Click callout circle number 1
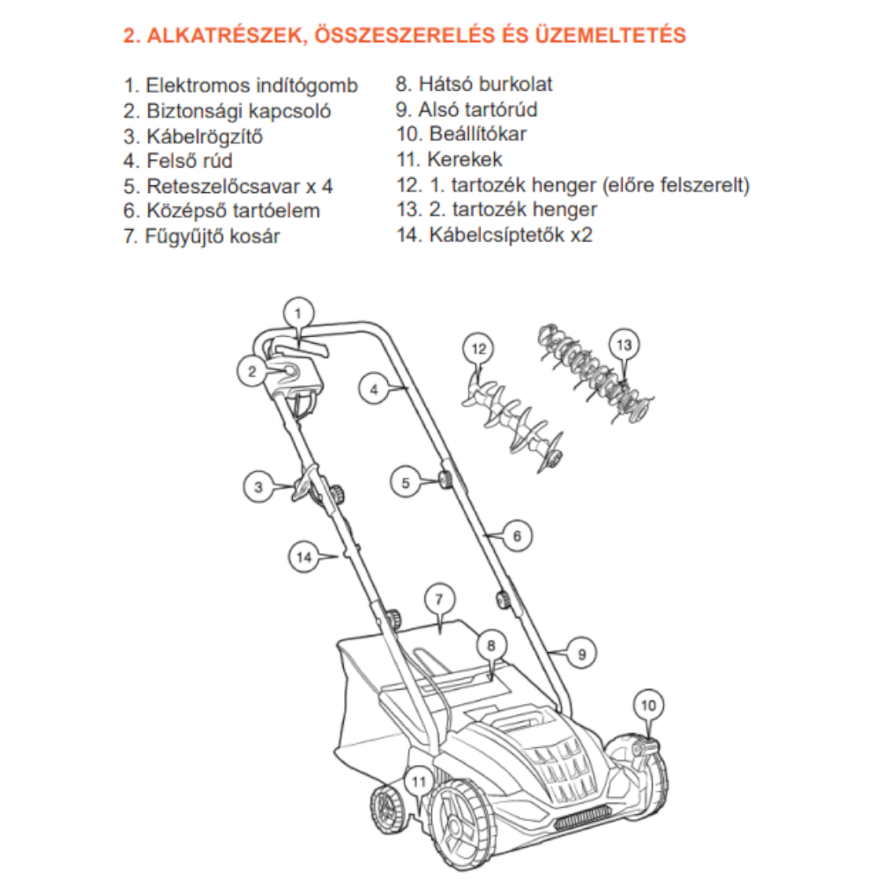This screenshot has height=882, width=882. (x=298, y=312)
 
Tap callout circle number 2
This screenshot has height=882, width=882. (x=251, y=371)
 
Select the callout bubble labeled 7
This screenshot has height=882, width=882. (x=438, y=599)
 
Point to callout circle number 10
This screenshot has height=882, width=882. (x=649, y=705)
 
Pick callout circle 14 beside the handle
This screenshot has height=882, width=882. (x=304, y=557)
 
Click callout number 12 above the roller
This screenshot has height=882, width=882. (x=479, y=349)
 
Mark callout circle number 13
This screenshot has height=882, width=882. (x=624, y=345)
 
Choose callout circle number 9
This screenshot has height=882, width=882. (x=581, y=654)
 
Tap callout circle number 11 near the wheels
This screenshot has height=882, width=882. (x=419, y=781)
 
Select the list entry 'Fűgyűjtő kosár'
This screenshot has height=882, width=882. (x=213, y=236)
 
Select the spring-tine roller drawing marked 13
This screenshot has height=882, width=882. (x=594, y=370)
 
